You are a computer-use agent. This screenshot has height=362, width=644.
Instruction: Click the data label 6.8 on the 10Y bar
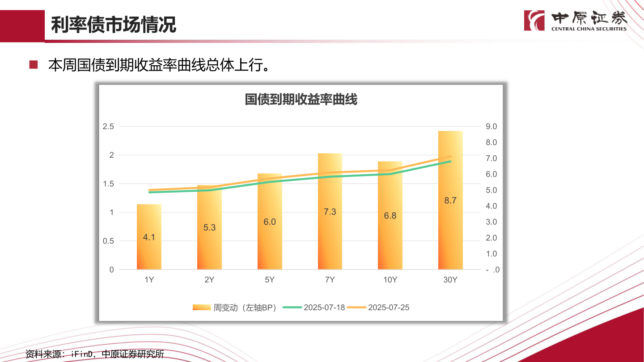point(390,216)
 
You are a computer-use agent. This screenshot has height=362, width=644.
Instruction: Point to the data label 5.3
point(209,227)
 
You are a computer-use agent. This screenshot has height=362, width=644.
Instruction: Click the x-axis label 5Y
point(270,280)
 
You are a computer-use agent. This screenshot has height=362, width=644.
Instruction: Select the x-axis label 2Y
point(209,280)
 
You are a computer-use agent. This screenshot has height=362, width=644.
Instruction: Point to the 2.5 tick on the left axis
point(109,126)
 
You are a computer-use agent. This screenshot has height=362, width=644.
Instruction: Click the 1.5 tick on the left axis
point(109,184)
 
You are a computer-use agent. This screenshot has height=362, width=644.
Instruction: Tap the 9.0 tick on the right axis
point(491,126)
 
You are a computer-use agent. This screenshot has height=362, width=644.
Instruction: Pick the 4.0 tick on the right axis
point(491,206)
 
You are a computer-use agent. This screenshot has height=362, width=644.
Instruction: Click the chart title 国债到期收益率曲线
point(301,99)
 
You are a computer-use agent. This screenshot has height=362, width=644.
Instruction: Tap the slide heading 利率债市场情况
point(114,25)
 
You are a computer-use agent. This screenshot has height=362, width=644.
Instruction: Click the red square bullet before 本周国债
point(34,65)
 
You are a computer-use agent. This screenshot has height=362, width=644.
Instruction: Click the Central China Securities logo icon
point(534,21)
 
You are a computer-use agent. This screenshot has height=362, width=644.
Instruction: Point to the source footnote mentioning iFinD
point(95,354)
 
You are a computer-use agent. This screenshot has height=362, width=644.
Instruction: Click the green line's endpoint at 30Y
point(450,161)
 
